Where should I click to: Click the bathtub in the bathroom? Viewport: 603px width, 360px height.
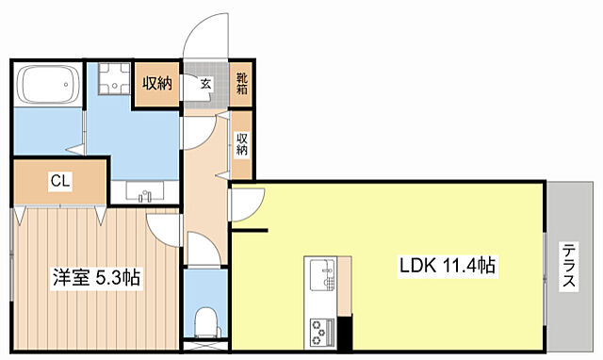coord(48,84)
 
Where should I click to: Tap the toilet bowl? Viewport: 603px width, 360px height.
coord(207,322)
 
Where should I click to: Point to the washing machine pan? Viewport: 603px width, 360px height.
coord(114,78)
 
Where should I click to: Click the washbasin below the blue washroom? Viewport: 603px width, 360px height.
coord(144,192)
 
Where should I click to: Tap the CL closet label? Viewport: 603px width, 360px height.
coord(60,181)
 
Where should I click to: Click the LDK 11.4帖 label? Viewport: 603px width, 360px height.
coord(448,266)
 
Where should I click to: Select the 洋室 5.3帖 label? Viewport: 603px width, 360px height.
coord(96,277)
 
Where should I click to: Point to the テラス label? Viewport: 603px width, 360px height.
coord(569,266)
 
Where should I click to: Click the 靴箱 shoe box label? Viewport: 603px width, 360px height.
coord(242,84)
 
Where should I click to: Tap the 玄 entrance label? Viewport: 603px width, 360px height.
coord(206,84)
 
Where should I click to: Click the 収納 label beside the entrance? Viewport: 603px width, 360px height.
coord(157,83)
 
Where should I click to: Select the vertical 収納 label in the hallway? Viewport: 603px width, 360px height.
coord(241,144)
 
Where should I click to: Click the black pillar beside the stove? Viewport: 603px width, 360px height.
coord(345,333)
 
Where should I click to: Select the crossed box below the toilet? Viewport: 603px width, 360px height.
coord(206,345)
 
